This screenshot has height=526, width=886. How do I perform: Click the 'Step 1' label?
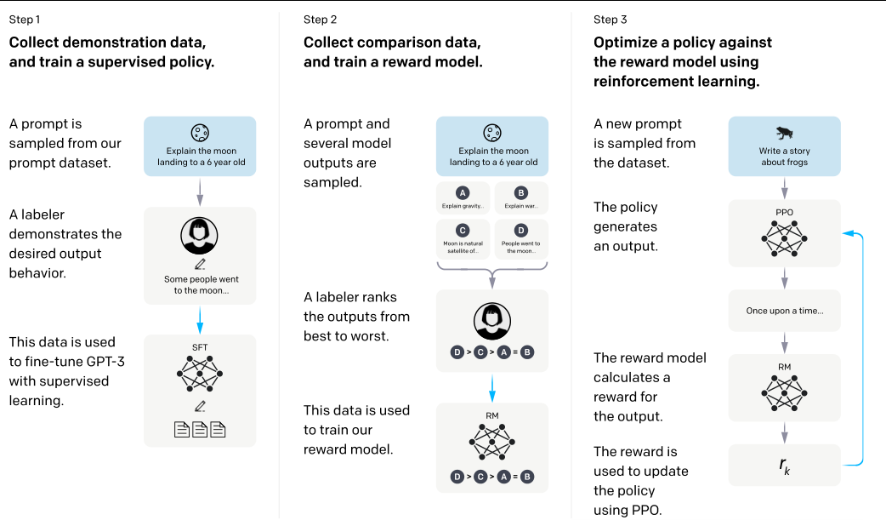click(x=25, y=20)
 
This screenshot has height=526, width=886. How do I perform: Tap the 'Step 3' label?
click(x=611, y=20)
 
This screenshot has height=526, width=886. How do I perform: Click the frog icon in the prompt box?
click(x=784, y=133)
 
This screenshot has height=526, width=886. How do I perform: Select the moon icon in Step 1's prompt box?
click(x=200, y=132)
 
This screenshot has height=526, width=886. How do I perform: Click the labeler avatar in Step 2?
click(x=492, y=321)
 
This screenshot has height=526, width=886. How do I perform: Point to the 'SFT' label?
click(x=200, y=347)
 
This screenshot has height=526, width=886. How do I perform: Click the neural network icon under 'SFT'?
click(x=200, y=374)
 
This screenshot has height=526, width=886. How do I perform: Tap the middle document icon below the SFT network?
click(x=200, y=430)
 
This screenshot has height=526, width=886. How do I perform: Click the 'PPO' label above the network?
click(x=784, y=212)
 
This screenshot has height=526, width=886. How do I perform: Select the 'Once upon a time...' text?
click(x=785, y=311)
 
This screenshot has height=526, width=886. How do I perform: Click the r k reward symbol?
click(x=784, y=466)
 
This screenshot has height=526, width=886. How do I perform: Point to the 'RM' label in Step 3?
click(x=784, y=367)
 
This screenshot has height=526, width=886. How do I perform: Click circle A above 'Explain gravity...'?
click(x=463, y=193)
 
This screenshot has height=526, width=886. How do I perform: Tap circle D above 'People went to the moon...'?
click(x=521, y=230)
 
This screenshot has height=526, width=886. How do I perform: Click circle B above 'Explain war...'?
click(x=521, y=193)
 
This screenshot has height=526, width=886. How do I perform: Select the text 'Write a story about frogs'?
click(x=784, y=157)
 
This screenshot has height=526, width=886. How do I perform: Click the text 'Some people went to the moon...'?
click(x=202, y=284)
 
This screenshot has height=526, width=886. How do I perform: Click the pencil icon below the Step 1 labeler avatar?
click(x=200, y=264)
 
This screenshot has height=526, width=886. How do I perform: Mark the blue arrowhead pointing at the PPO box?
click(x=848, y=233)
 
